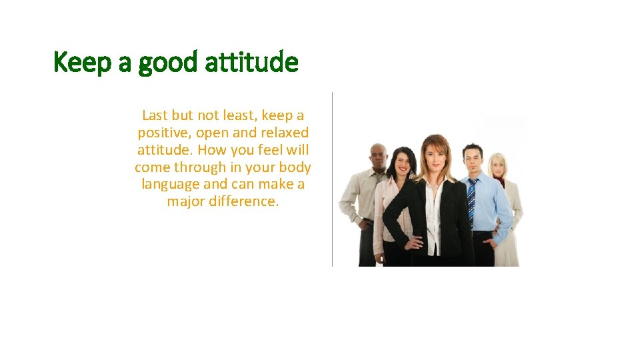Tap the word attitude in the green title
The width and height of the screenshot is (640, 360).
point(252,63)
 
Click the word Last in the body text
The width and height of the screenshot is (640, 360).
point(155,115)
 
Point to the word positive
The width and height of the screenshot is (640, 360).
point(164,133)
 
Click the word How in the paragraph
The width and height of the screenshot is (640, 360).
point(211,149)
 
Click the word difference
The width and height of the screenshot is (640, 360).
point(243,201)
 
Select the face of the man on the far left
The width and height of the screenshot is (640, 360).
point(379,157)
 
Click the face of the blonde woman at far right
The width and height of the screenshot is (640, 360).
point(498,166)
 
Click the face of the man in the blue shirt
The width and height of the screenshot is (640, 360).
point(473,159)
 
